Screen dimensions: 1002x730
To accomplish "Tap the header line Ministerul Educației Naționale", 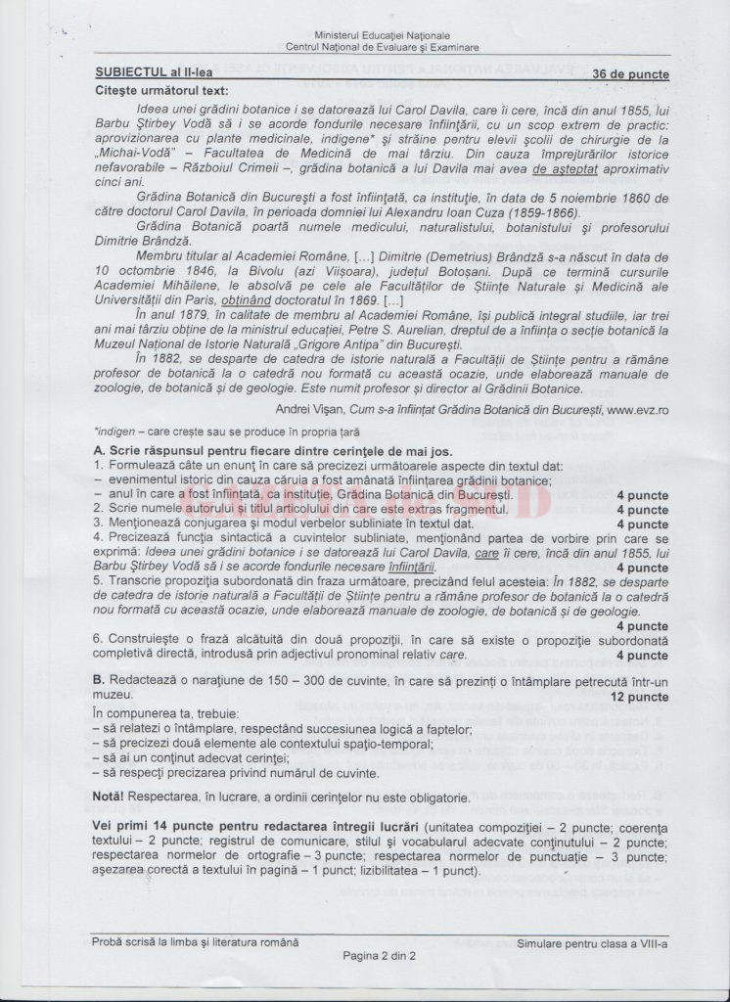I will point(383,36).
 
